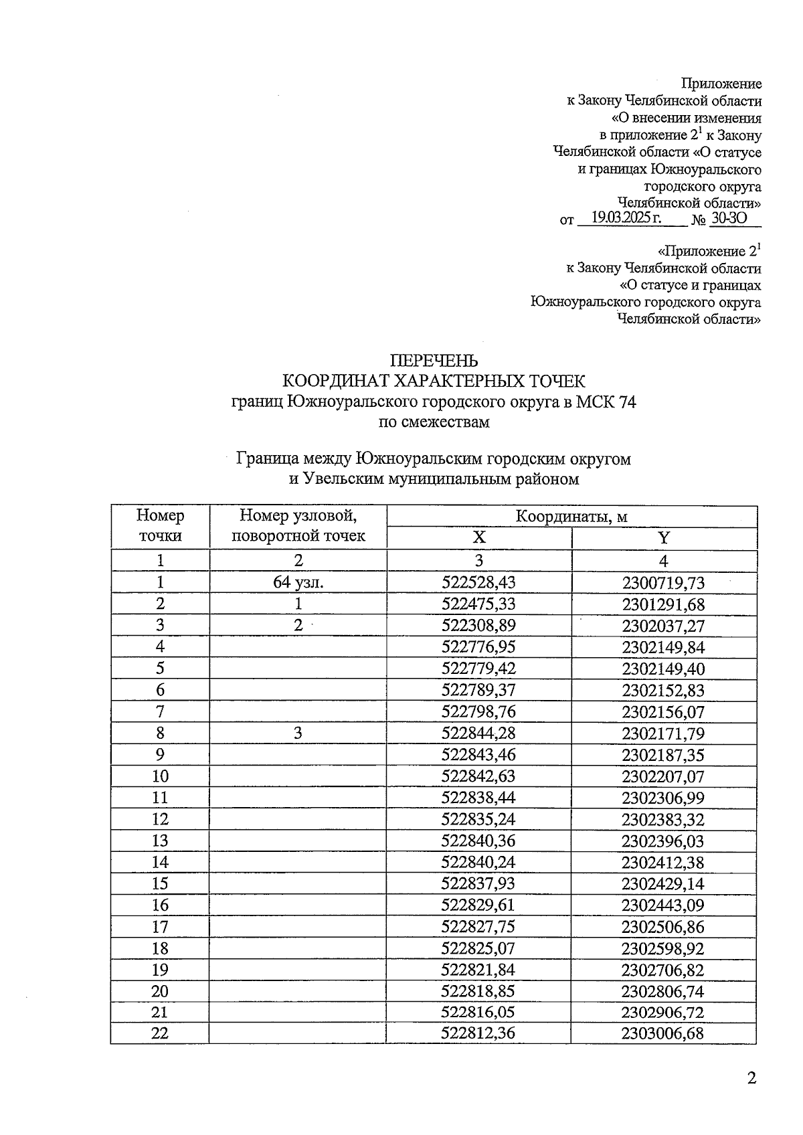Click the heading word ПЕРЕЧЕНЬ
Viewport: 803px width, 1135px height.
point(434,361)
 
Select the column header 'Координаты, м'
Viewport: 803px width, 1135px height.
point(571,516)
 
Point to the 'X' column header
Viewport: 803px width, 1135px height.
point(479,538)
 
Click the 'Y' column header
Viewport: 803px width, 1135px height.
point(663,538)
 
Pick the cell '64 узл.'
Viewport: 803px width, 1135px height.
point(298,582)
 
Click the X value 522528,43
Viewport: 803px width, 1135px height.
point(479,582)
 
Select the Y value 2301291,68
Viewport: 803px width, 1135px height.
point(663,604)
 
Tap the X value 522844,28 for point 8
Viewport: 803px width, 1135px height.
point(479,733)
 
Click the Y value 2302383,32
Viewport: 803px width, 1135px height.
point(663,819)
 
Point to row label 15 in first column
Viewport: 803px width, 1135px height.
point(160,883)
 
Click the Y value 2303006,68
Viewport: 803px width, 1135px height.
point(662,1033)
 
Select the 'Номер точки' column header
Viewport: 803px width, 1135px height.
point(160,526)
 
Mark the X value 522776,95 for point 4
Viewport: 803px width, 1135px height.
point(479,647)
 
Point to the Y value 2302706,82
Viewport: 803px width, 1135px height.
point(663,970)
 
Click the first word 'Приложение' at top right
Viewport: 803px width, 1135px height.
point(721,84)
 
